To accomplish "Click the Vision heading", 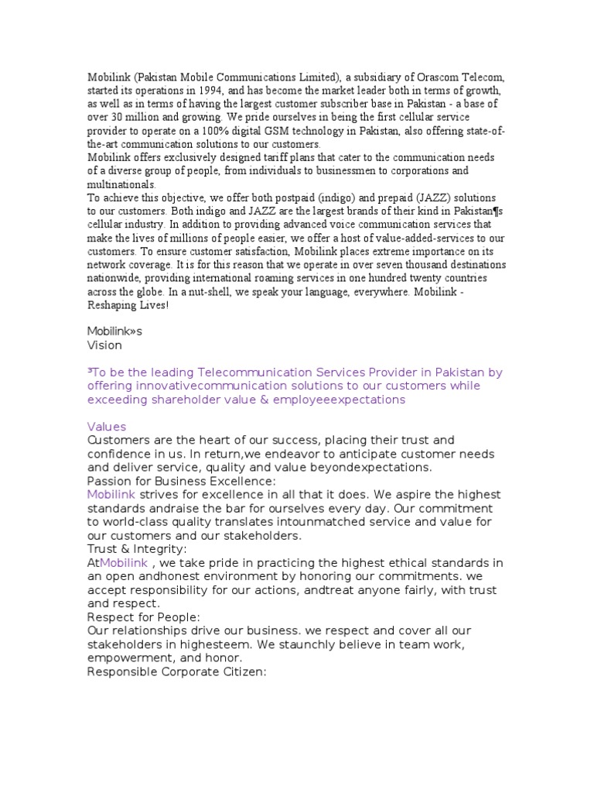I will pos(104,345).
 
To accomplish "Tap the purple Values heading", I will pos(107,427).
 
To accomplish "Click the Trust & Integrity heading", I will pos(136,549).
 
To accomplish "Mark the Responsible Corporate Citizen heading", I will pos(177,671).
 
